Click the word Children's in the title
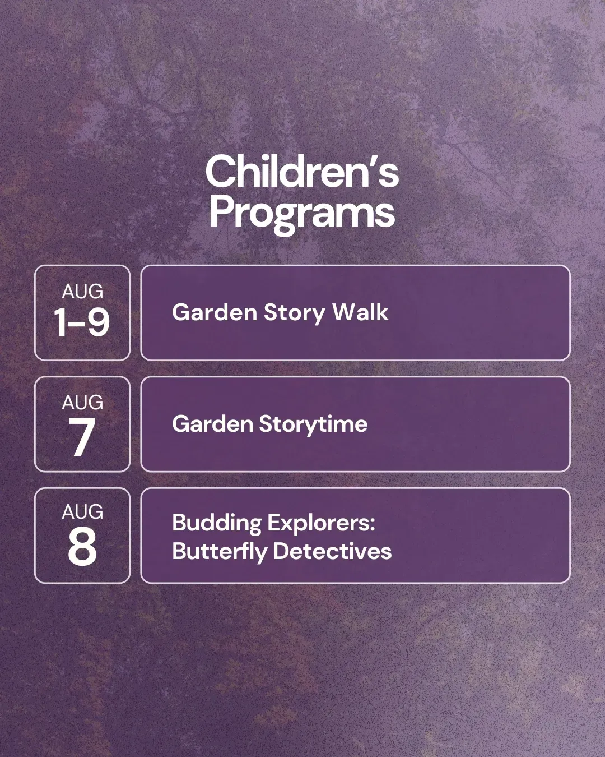click(302, 172)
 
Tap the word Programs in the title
click(302, 213)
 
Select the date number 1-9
click(82, 321)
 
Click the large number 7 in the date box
click(82, 436)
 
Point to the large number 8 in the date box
click(82, 546)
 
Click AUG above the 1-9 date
click(82, 291)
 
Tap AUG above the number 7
click(82, 402)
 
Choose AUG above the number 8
click(82, 511)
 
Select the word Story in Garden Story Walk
click(295, 313)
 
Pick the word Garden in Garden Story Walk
click(215, 312)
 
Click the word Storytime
click(313, 424)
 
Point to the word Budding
click(217, 523)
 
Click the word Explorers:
click(322, 523)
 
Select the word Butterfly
click(220, 551)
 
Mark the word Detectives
click(332, 551)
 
